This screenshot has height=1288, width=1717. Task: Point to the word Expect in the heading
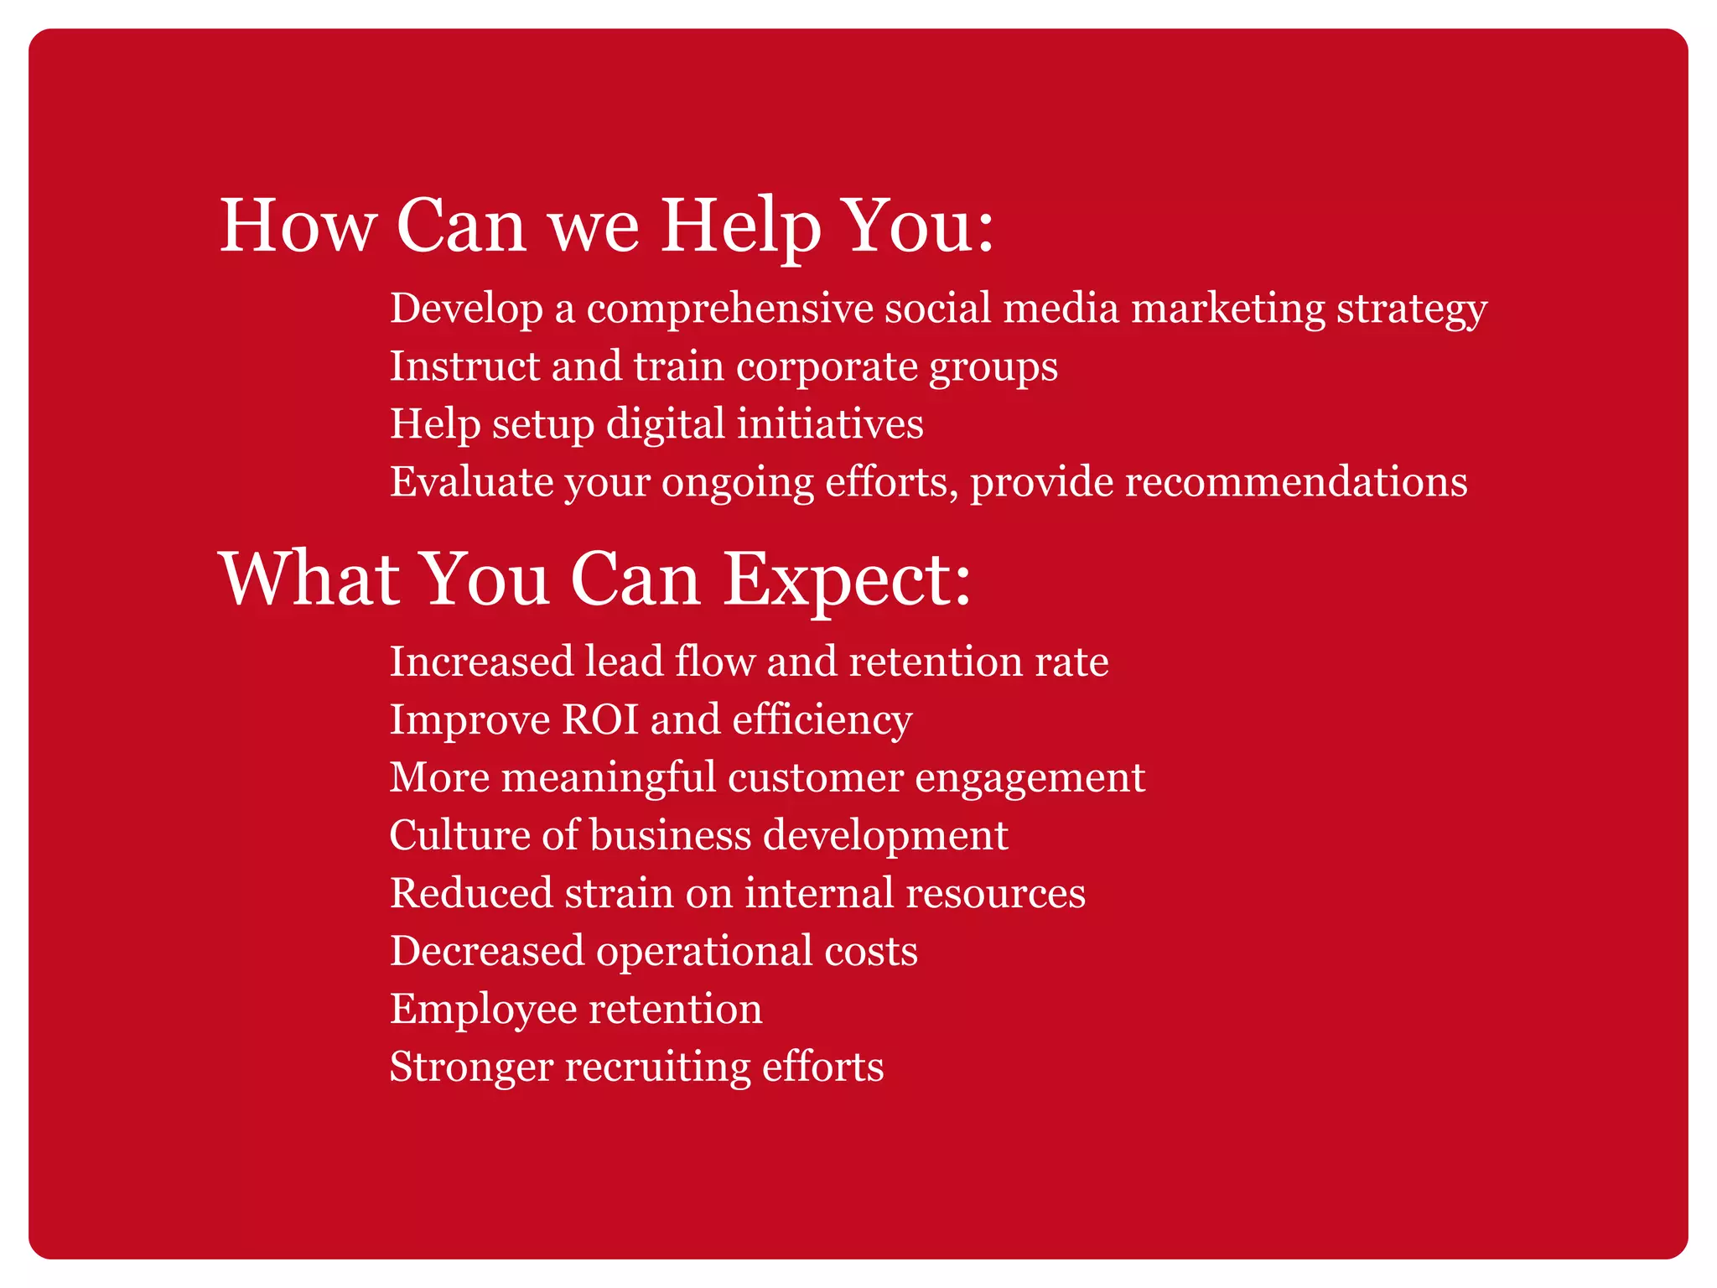point(847,580)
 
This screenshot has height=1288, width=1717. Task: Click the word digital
point(665,424)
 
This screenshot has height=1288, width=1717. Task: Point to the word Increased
point(481,662)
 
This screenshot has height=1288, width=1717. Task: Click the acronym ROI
point(600,719)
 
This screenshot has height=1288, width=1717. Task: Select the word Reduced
point(470,893)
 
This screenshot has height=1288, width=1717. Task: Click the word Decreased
point(487,951)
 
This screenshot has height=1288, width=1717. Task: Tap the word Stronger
point(471,1067)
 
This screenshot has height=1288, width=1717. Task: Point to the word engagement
point(1030,778)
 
